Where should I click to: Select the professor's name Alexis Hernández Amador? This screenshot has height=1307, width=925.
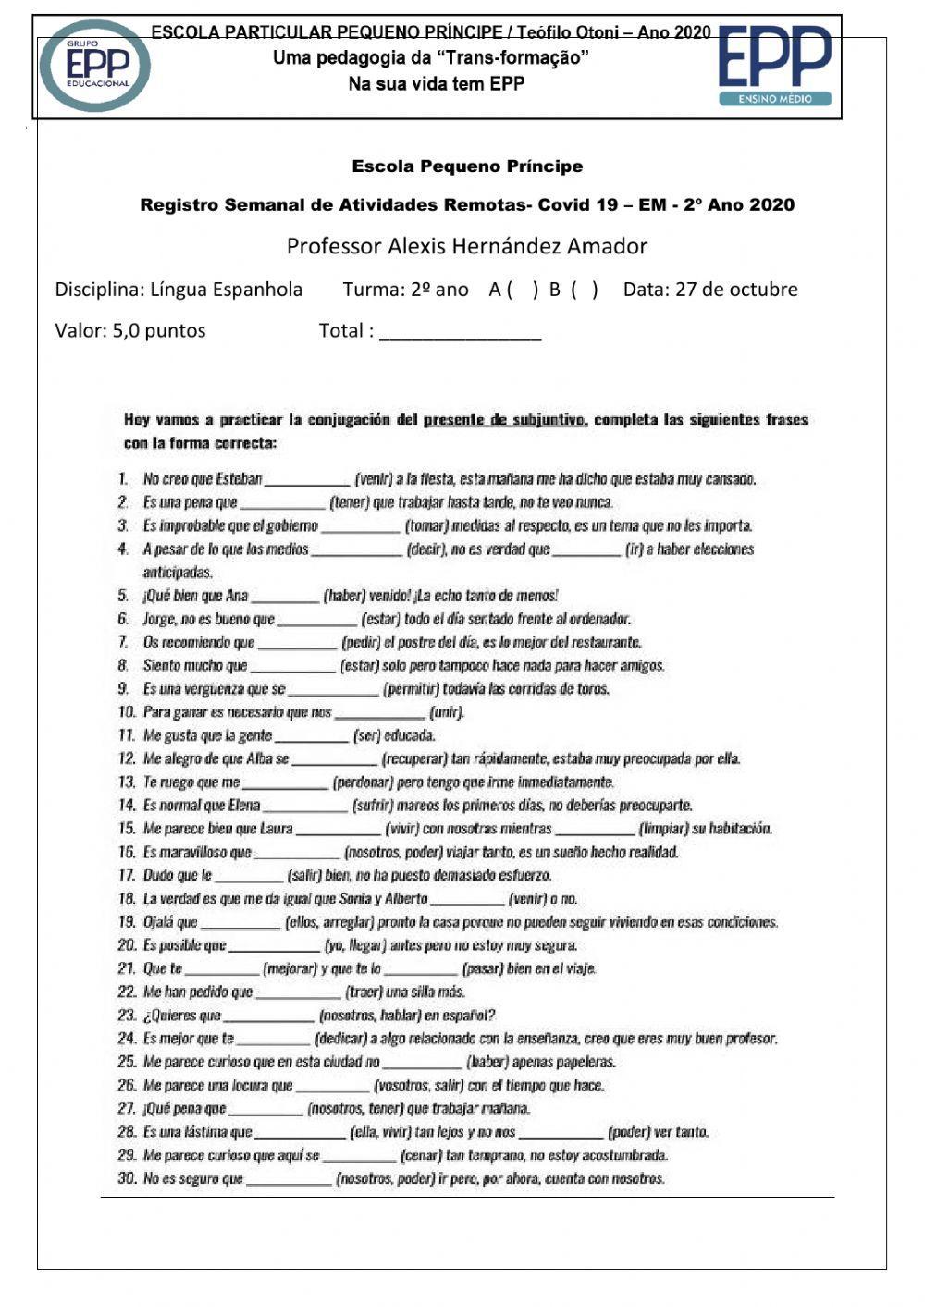[x=466, y=246]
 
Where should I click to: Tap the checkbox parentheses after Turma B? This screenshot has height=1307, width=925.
[x=585, y=290]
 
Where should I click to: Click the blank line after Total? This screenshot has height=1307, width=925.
[x=460, y=332]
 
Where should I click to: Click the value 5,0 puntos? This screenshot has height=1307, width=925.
[x=159, y=331]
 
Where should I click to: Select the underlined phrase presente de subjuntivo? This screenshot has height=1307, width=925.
[x=504, y=420]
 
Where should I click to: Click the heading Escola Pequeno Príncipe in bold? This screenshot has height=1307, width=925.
[x=467, y=167]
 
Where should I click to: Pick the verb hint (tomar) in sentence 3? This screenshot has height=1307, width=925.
[x=425, y=526]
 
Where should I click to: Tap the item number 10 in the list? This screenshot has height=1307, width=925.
[x=127, y=712]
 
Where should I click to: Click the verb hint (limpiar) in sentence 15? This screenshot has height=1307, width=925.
[x=662, y=829]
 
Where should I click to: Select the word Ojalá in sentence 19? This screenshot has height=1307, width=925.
[x=158, y=922]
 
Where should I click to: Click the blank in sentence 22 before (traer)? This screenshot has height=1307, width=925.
[x=298, y=993]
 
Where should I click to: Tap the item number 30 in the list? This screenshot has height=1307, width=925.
[x=127, y=1178]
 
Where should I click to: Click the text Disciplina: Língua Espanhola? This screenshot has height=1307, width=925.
[x=179, y=290]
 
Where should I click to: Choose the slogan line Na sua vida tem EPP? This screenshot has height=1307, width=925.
[x=436, y=84]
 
